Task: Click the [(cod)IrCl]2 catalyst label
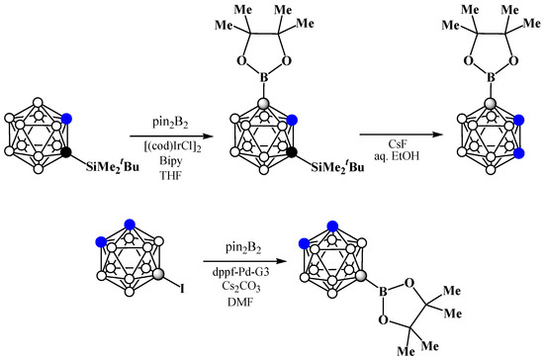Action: pyautogui.click(x=172, y=147)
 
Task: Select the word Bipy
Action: pyautogui.click(x=171, y=161)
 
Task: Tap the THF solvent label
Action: pyautogui.click(x=171, y=175)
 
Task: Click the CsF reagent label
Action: pyautogui.click(x=398, y=144)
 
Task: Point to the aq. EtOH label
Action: pyautogui.click(x=397, y=156)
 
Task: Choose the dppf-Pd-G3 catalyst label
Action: pyautogui.click(x=240, y=272)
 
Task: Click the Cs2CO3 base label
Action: pyautogui.click(x=241, y=287)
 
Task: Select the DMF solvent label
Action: pyautogui.click(x=240, y=302)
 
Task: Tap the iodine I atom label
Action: pyautogui.click(x=182, y=289)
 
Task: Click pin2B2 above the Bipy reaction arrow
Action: pyautogui.click(x=170, y=123)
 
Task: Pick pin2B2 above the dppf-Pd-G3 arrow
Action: pyautogui.click(x=243, y=248)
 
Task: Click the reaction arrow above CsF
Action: pyautogui.click(x=402, y=135)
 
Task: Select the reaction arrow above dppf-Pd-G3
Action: pyautogui.click(x=246, y=261)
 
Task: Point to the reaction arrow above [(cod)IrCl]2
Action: pyautogui.click(x=171, y=135)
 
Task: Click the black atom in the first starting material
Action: pyautogui.click(x=66, y=152)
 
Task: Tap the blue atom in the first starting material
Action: pyautogui.click(x=66, y=120)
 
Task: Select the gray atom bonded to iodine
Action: pyautogui.click(x=158, y=274)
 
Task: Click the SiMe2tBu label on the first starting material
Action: pyautogui.click(x=113, y=167)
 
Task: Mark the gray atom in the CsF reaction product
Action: pyautogui.click(x=491, y=103)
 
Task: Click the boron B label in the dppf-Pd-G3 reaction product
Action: pyautogui.click(x=383, y=292)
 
